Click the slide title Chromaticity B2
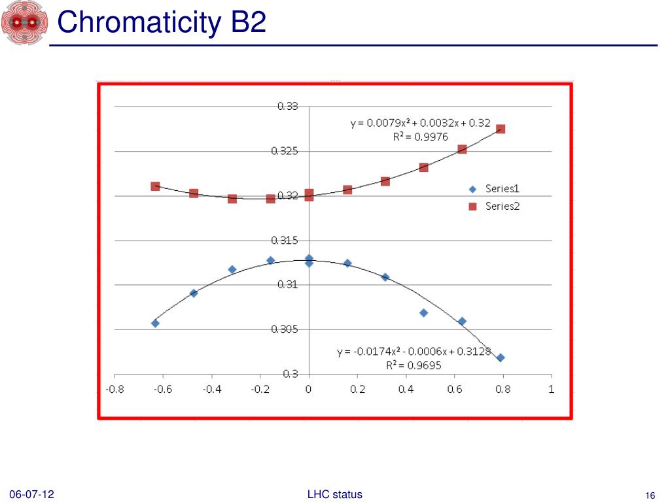pyautogui.click(x=162, y=23)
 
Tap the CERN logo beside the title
pyautogui.click(x=24, y=23)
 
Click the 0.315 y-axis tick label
pyautogui.click(x=285, y=241)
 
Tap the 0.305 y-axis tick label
pyautogui.click(x=285, y=329)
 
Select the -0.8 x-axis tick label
pyautogui.click(x=115, y=390)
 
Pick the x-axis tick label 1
pyautogui.click(x=552, y=390)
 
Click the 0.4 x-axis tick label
pyautogui.click(x=406, y=390)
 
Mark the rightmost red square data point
pyautogui.click(x=501, y=129)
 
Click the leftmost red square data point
pyautogui.click(x=155, y=186)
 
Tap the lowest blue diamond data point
pyautogui.click(x=501, y=358)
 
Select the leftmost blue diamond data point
pyautogui.click(x=155, y=323)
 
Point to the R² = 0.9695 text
pyautogui.click(x=414, y=365)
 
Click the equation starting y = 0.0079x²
pyautogui.click(x=420, y=123)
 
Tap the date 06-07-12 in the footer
pyautogui.click(x=31, y=495)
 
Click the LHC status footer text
pyautogui.click(x=334, y=495)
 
